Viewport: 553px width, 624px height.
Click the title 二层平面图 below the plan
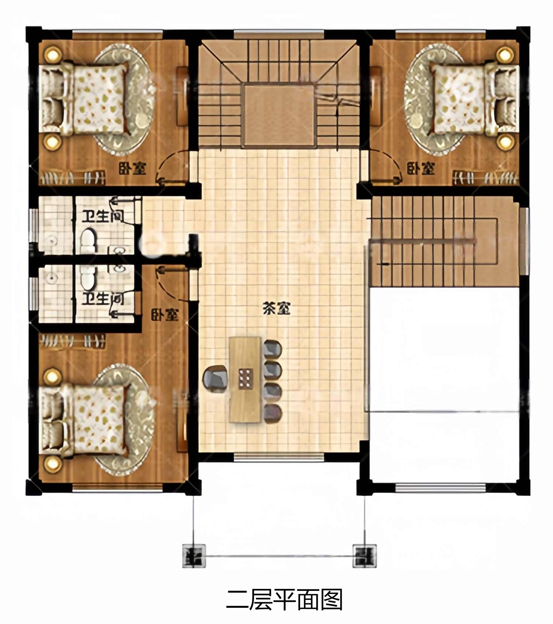(284, 600)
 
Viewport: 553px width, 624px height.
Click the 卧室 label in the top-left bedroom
(132, 168)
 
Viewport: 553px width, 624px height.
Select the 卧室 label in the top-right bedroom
(421, 168)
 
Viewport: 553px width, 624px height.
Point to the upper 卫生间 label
(102, 216)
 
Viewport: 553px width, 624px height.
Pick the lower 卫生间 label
(102, 298)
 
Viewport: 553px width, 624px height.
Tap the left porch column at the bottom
(194, 556)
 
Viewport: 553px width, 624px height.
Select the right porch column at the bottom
(365, 556)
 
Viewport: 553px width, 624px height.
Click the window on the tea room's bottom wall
(279, 457)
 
